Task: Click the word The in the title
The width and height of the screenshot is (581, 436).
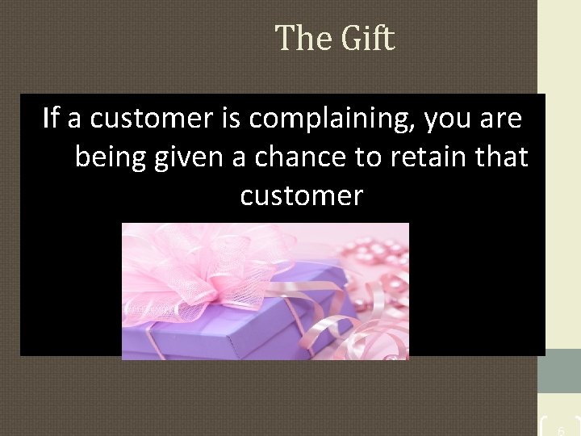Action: [301, 38]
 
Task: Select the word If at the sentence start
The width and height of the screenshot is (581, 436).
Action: [51, 119]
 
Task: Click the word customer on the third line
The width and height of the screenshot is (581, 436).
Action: [301, 195]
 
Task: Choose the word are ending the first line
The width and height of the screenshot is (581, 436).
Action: [500, 119]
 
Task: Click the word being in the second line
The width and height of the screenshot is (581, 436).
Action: [108, 157]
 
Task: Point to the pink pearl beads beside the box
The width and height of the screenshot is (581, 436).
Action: [379, 266]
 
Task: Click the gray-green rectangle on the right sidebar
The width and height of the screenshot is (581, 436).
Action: [560, 371]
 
